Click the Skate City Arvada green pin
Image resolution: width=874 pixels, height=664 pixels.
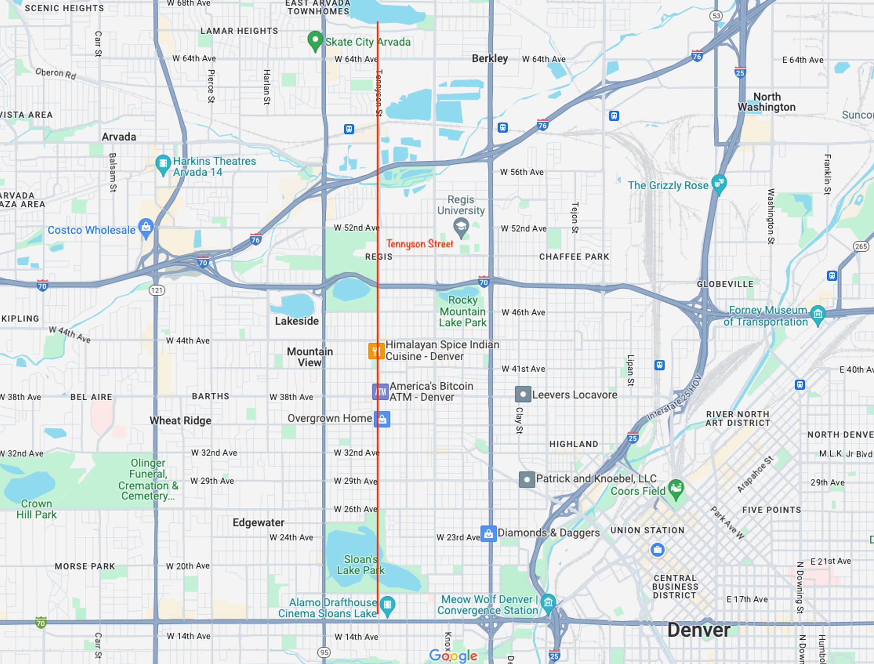pyautogui.click(x=315, y=41)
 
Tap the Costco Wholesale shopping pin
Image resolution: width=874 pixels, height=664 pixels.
pyautogui.click(x=146, y=228)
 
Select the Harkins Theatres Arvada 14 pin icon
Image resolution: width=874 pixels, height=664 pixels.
pyautogui.click(x=163, y=164)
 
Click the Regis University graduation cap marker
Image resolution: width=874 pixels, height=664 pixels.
pyautogui.click(x=461, y=227)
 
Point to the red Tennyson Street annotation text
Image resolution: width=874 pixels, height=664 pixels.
pyautogui.click(x=420, y=244)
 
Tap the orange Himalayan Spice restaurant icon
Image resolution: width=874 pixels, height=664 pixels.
pyautogui.click(x=376, y=351)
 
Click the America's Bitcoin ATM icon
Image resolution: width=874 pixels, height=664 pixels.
pyautogui.click(x=381, y=391)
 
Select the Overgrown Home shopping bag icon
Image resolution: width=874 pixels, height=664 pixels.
pyautogui.click(x=382, y=419)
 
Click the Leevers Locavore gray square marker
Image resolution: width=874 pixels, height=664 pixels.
pyautogui.click(x=523, y=394)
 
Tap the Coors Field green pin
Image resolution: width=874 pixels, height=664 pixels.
pyautogui.click(x=676, y=488)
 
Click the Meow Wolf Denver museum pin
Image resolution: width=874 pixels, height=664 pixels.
pyautogui.click(x=549, y=603)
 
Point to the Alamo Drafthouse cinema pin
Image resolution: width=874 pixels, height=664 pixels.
pyautogui.click(x=387, y=605)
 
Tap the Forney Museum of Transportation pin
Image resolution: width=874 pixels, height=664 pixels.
pyautogui.click(x=818, y=314)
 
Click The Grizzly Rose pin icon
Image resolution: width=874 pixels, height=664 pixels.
pyautogui.click(x=719, y=183)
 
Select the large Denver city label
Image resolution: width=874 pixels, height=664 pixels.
pyautogui.click(x=698, y=630)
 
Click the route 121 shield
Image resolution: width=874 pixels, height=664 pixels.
pyautogui.click(x=157, y=290)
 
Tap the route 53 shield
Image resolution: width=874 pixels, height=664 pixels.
pyautogui.click(x=716, y=16)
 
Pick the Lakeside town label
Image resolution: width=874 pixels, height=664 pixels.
pyautogui.click(x=297, y=321)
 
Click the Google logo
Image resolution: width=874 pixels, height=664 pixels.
pyautogui.click(x=453, y=656)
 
